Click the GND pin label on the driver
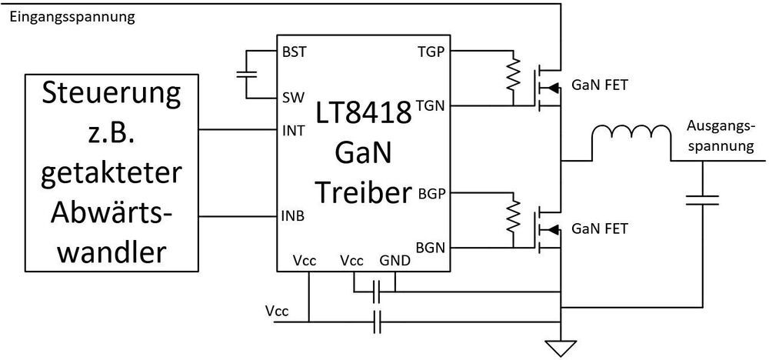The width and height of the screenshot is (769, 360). (394, 262)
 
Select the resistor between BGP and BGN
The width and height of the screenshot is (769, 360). (510, 218)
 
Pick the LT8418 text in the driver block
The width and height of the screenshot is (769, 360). (364, 116)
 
